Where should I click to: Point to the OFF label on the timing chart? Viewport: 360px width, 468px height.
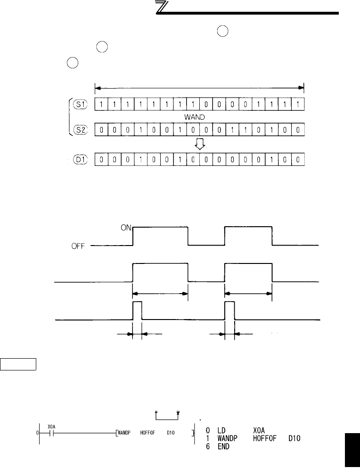77,246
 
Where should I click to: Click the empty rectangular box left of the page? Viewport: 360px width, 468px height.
18,364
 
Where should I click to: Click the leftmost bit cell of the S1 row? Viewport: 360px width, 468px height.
101,104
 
